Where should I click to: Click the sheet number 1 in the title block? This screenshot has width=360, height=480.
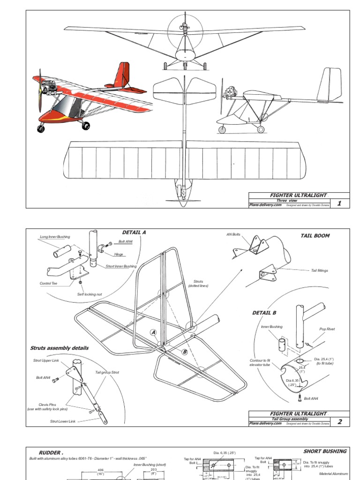(339, 203)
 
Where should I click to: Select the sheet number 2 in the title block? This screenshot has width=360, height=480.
(340, 422)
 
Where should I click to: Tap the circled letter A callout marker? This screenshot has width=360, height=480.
(153, 332)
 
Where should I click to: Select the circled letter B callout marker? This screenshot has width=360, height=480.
(185, 352)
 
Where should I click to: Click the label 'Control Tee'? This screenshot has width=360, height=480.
(49, 283)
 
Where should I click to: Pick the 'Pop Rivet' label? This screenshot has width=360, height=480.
(327, 329)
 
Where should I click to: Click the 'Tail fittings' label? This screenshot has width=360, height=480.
(319, 270)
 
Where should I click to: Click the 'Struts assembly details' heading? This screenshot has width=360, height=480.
(60, 348)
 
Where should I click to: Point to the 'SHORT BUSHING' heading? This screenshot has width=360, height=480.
(325, 451)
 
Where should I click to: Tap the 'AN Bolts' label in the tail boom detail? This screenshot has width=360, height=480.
(233, 234)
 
